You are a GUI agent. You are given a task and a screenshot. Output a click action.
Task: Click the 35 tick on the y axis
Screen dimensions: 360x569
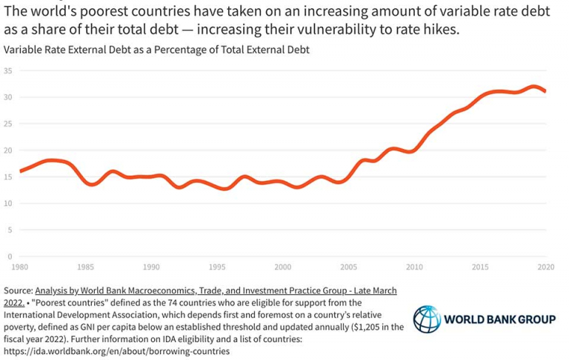pos(8,71)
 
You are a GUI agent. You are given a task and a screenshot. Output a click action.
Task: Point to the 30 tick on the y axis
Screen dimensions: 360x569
pos(8,98)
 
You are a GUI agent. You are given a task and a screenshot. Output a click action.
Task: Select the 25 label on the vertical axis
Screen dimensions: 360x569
pos(8,124)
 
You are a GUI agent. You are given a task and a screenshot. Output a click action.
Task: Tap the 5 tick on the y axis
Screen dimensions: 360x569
pos(10,230)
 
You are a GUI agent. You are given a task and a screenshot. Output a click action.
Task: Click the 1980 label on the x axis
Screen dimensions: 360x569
pos(19,267)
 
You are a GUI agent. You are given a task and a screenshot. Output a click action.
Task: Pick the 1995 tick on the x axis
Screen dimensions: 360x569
pos(217,267)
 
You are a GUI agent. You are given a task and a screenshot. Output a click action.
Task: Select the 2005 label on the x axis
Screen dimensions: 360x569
pos(349,267)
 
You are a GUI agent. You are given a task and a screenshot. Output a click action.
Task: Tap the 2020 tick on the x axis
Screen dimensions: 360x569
pos(546,267)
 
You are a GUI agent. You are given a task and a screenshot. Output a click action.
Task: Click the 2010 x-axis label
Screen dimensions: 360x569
pos(415,267)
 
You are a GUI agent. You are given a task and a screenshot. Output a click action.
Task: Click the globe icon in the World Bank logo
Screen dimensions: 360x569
pos(426,320)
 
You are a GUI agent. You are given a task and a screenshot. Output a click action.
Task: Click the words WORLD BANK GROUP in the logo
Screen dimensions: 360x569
pos(499,320)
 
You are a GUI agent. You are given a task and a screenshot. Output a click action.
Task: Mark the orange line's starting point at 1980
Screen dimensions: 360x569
pos(20,171)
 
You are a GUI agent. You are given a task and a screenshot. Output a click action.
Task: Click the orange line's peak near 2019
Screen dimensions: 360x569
pos(533,87)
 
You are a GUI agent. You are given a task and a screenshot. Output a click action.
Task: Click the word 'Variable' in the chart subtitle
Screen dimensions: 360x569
pos(23,50)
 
